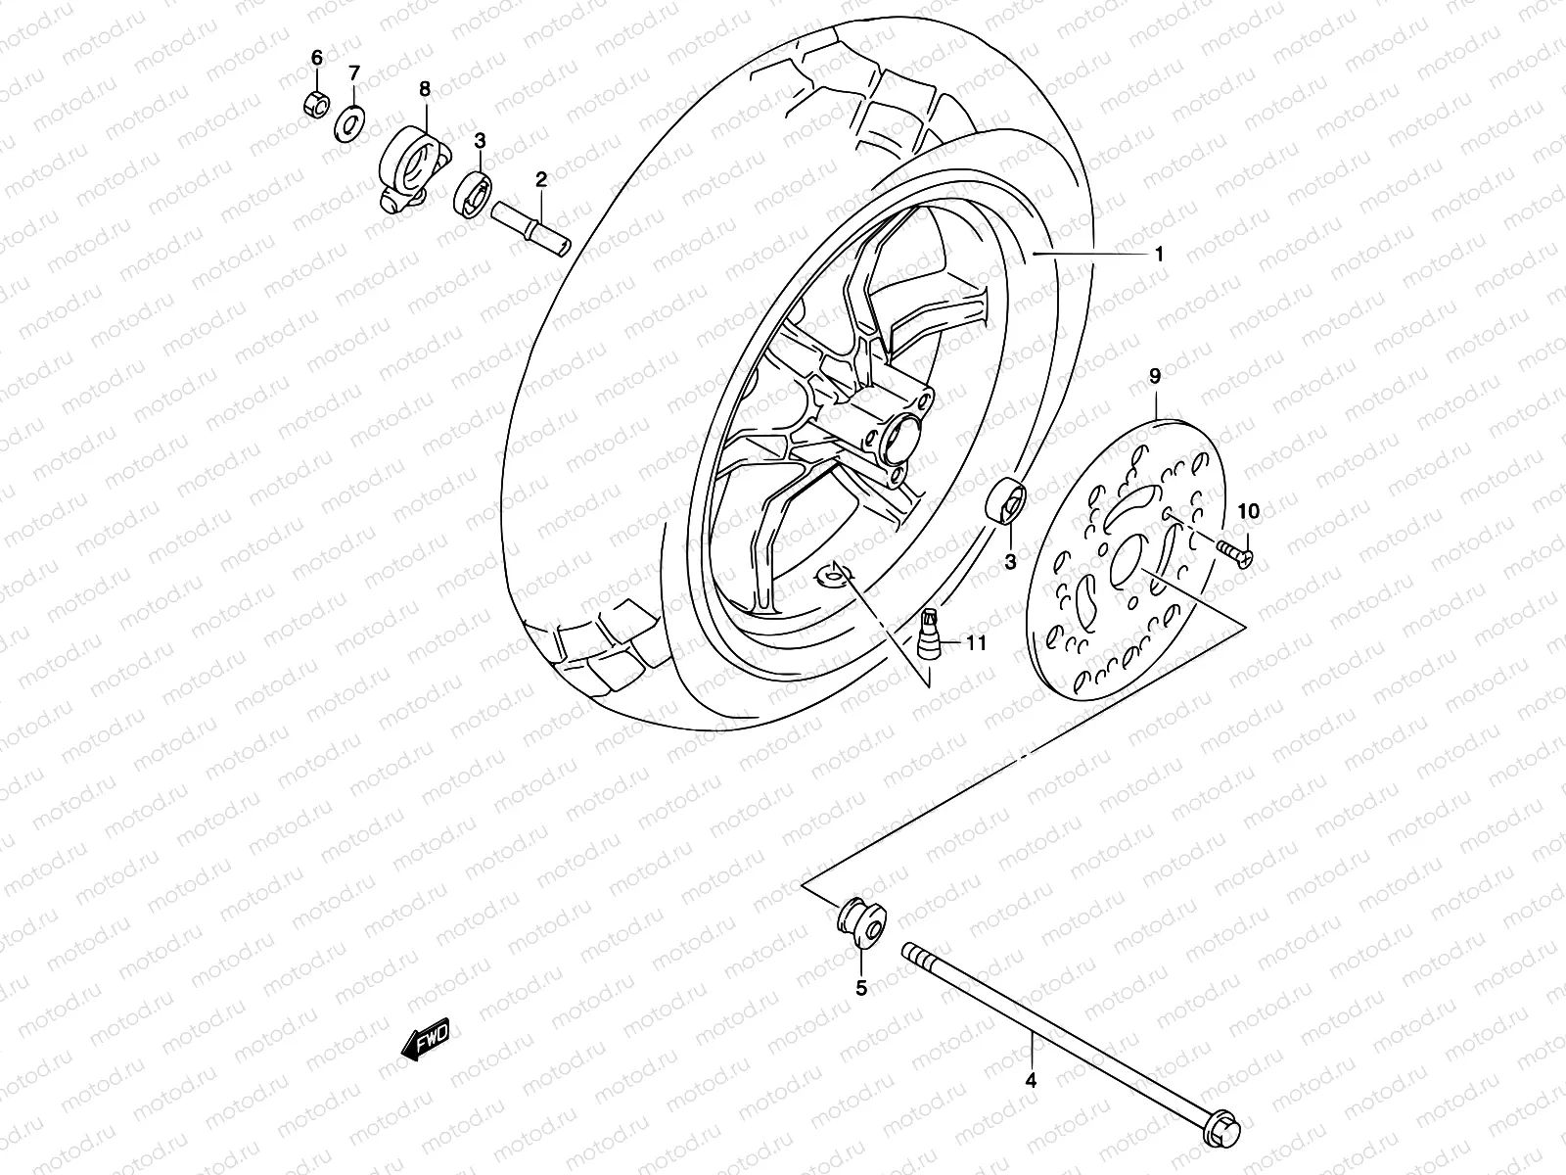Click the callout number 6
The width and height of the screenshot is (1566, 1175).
[316, 58]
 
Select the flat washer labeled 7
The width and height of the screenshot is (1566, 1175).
[348, 125]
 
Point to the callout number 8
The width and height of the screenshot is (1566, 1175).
[425, 89]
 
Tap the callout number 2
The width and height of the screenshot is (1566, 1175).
[568, 179]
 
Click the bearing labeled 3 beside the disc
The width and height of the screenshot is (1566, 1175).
[1007, 502]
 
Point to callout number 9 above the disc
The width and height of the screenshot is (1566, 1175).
[1155, 375]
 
